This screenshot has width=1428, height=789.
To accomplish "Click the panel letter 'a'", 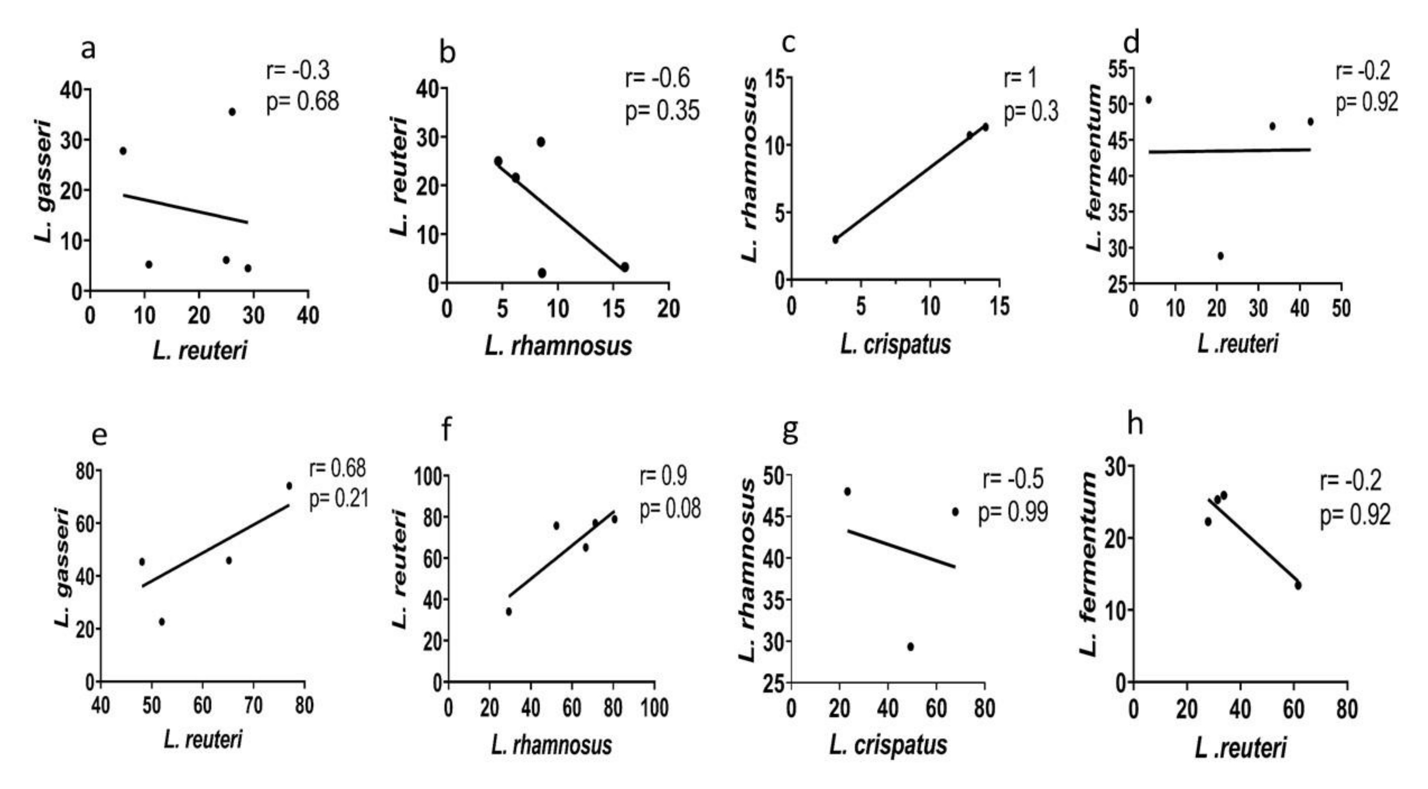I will pos(88,49).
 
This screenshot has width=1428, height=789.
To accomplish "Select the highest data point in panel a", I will pos(232,112).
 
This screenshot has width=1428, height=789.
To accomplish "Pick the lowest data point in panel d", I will pos(1220,255).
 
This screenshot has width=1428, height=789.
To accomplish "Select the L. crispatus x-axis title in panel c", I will pos(895,344).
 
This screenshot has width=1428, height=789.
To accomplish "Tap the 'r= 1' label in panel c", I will pos(1020,78).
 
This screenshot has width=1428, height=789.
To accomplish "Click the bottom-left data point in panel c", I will pos(835,240).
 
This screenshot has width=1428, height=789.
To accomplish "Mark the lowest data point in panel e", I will pos(161,622).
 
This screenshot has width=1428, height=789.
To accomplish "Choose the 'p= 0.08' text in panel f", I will pos(670,508).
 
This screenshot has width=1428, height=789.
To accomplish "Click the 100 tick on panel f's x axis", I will pos(654,708).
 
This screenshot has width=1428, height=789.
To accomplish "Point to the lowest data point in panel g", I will pos(910,646).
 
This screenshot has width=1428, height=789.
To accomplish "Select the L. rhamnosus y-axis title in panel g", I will pos(748,571).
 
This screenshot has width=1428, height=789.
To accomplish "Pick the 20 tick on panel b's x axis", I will pos(668,309).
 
